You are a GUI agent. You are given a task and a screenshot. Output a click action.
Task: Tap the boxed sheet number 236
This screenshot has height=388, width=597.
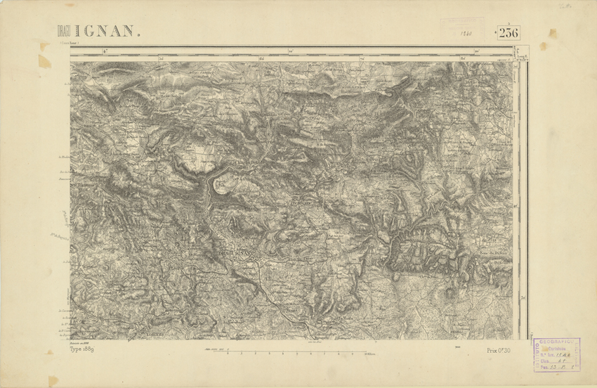[508, 32]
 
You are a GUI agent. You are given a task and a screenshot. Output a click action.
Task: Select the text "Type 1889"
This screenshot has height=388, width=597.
[84, 349]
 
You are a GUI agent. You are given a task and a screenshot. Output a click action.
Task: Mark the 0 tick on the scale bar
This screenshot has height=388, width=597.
[229, 353]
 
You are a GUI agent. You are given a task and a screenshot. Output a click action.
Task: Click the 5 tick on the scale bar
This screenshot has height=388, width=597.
[296, 353]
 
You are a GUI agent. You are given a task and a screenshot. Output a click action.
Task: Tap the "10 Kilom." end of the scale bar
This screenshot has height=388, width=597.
[368, 353]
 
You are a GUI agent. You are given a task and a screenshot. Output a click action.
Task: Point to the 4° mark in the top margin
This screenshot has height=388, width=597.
[103, 51]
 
